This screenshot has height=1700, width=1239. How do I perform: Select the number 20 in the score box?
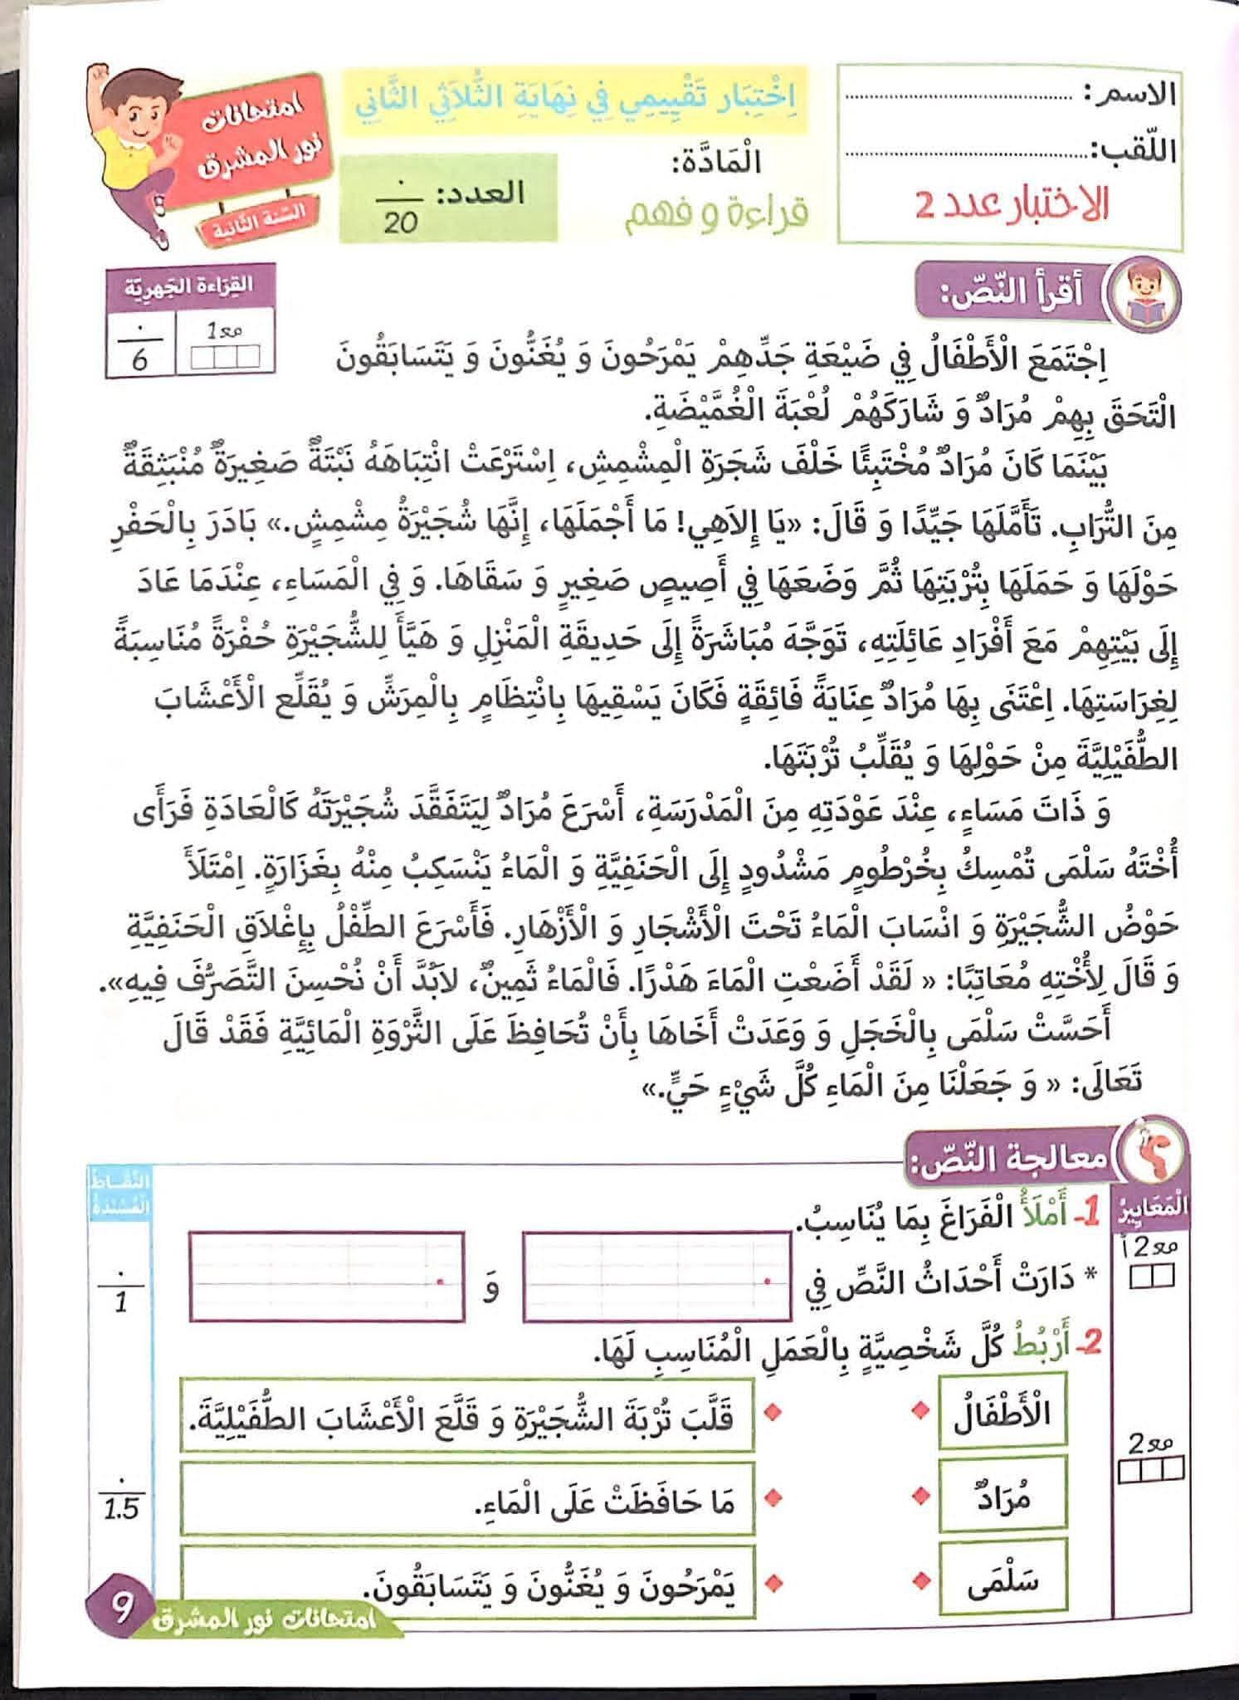(401, 222)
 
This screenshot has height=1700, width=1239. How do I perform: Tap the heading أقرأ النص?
(1012, 295)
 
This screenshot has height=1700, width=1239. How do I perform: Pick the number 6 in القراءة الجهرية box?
(139, 359)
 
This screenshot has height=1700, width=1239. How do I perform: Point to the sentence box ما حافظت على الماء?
(467, 1500)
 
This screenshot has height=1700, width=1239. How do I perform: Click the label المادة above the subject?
(719, 161)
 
